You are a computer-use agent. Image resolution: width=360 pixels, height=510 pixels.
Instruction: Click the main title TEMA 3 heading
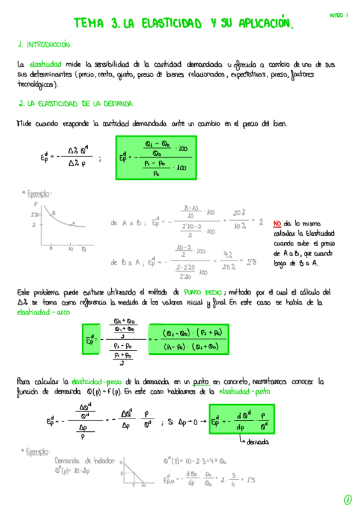[x=185, y=23]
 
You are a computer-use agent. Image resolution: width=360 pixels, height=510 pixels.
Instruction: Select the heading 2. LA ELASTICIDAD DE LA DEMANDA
[x=76, y=103]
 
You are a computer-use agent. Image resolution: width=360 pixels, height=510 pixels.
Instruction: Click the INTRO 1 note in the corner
[x=339, y=15]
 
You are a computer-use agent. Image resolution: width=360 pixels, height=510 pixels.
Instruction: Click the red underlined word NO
[x=277, y=222]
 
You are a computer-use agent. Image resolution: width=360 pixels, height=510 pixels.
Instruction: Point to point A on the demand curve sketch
[x=73, y=223]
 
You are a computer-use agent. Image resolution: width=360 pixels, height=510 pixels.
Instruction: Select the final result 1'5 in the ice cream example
[x=248, y=480]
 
